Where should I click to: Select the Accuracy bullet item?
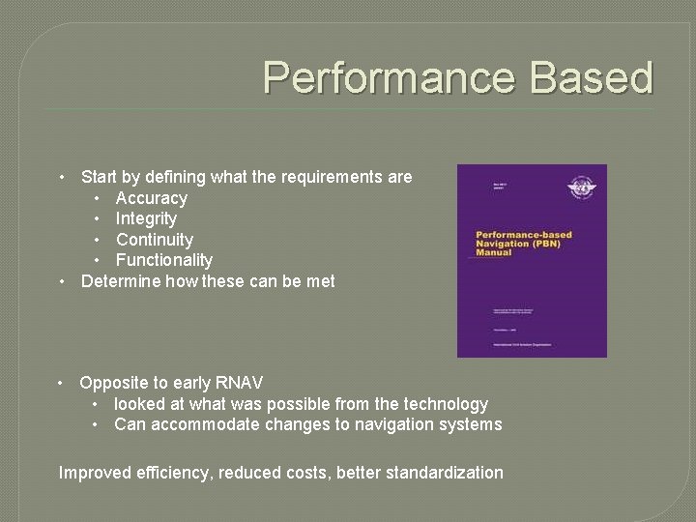[x=151, y=198]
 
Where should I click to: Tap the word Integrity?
[x=146, y=218]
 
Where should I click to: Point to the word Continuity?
[x=155, y=240]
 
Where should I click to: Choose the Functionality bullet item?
[x=164, y=260]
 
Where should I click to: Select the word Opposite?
[x=112, y=383]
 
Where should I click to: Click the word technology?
[x=441, y=404]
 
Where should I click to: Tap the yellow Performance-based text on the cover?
[x=524, y=235]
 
